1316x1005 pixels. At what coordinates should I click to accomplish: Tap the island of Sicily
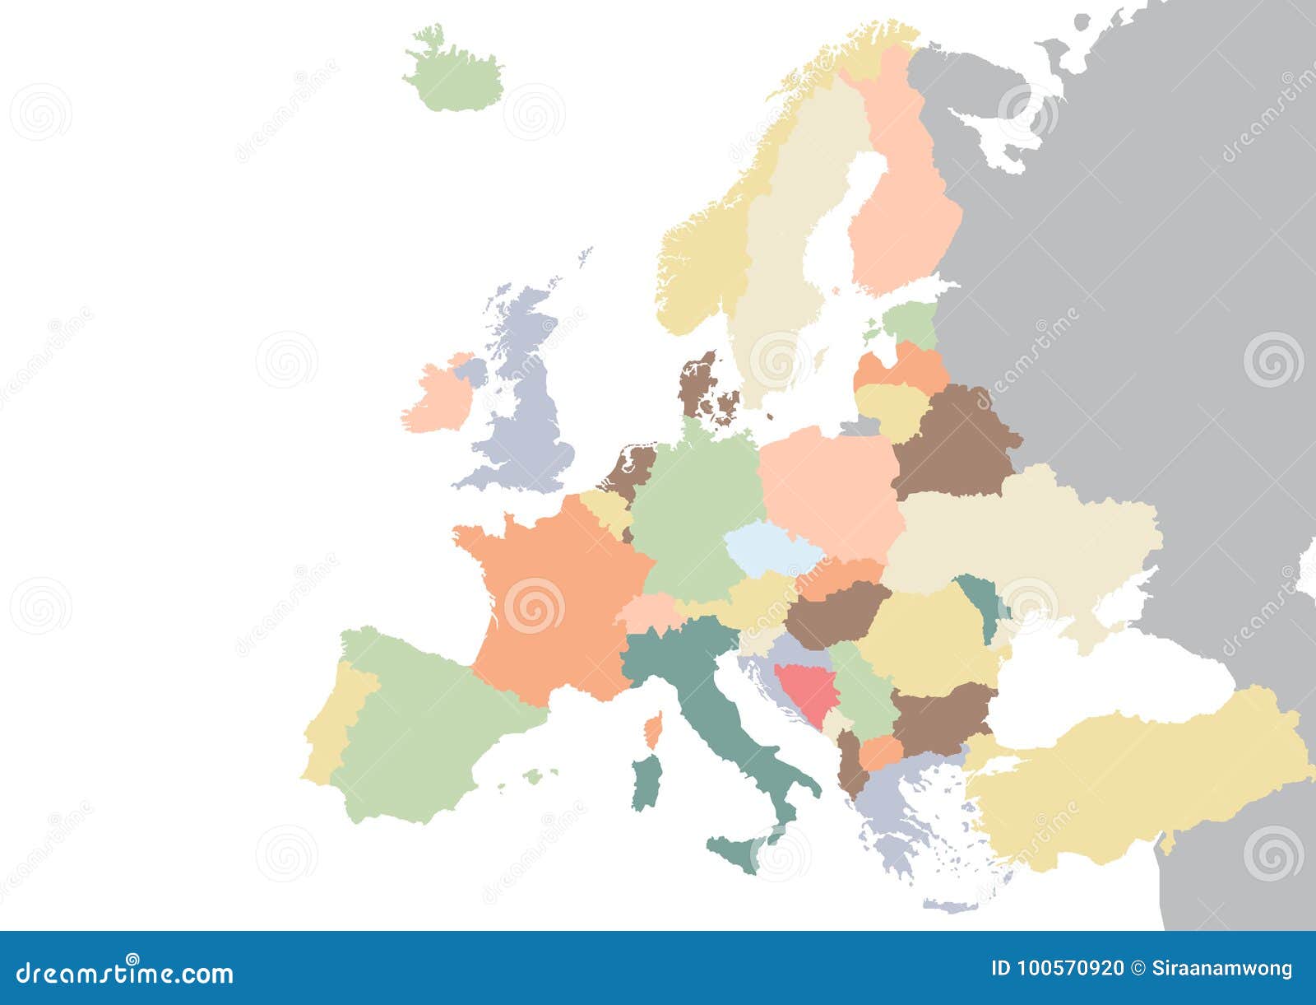click(x=736, y=852)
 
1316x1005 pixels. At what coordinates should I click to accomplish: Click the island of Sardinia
click(x=646, y=782)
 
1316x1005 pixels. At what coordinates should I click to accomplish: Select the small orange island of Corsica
click(x=654, y=729)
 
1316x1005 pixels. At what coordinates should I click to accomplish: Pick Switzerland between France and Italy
click(x=646, y=613)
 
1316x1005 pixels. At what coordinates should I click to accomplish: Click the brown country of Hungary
click(x=835, y=613)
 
